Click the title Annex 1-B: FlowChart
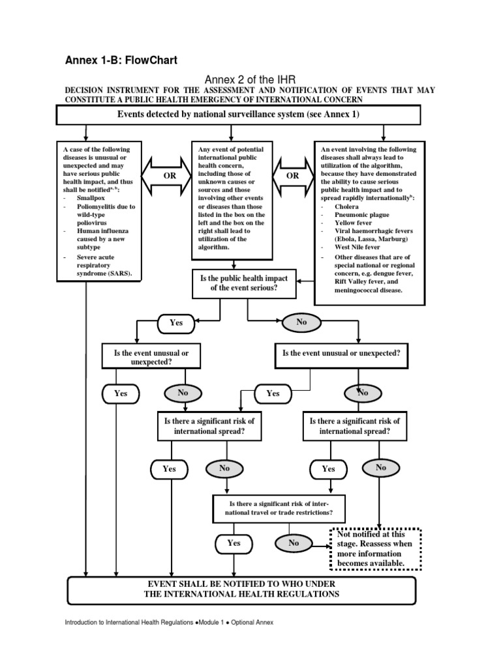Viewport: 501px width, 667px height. point(121,61)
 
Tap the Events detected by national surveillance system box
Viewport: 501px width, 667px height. point(239,115)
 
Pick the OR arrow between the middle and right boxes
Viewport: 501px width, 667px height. point(293,176)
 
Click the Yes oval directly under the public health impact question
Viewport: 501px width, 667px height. point(176,322)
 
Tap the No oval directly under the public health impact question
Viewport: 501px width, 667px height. point(301,322)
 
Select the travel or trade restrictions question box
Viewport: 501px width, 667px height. point(278,509)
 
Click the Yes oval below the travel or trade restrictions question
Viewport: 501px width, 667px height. point(234,543)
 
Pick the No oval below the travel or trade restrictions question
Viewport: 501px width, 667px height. point(294,543)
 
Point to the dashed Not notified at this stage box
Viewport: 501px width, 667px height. point(375,548)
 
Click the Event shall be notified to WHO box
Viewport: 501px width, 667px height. point(241,589)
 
